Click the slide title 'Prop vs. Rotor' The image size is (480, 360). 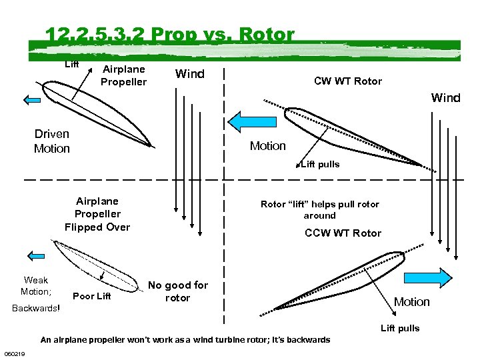click(169, 35)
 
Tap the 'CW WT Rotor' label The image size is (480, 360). click(348, 81)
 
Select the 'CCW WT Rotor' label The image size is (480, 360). click(343, 233)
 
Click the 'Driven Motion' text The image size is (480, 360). click(52, 141)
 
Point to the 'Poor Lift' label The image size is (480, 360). click(91, 296)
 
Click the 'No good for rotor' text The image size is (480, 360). click(177, 291)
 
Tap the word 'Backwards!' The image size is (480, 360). click(36, 308)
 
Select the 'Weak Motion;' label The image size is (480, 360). click(35, 285)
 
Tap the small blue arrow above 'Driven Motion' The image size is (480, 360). click(32, 101)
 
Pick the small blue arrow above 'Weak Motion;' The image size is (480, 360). click(33, 255)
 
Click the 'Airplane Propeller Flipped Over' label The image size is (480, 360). click(97, 214)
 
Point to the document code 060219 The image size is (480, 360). click(15, 353)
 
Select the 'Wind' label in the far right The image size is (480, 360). click(445, 98)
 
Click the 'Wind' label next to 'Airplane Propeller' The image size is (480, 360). click(189, 74)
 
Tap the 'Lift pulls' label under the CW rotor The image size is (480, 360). click(320, 164)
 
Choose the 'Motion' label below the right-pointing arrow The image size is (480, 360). click(411, 302)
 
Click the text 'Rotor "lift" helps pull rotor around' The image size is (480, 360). click(319, 210)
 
